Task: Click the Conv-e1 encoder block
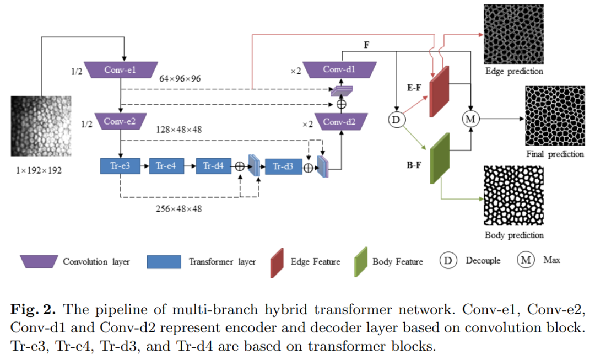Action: tap(120, 70)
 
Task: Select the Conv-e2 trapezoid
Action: tap(120, 121)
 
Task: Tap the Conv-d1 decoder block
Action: tap(339, 70)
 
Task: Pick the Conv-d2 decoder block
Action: tap(339, 121)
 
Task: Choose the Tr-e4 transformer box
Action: tap(166, 166)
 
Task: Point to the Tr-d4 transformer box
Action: tap(213, 166)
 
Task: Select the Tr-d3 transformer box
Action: tap(283, 166)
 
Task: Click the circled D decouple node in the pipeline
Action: tap(397, 119)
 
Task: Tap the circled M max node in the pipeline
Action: tap(470, 119)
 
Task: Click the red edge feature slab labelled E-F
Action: tap(440, 92)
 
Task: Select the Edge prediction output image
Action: tap(513, 34)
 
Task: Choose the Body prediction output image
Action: tap(513, 196)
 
